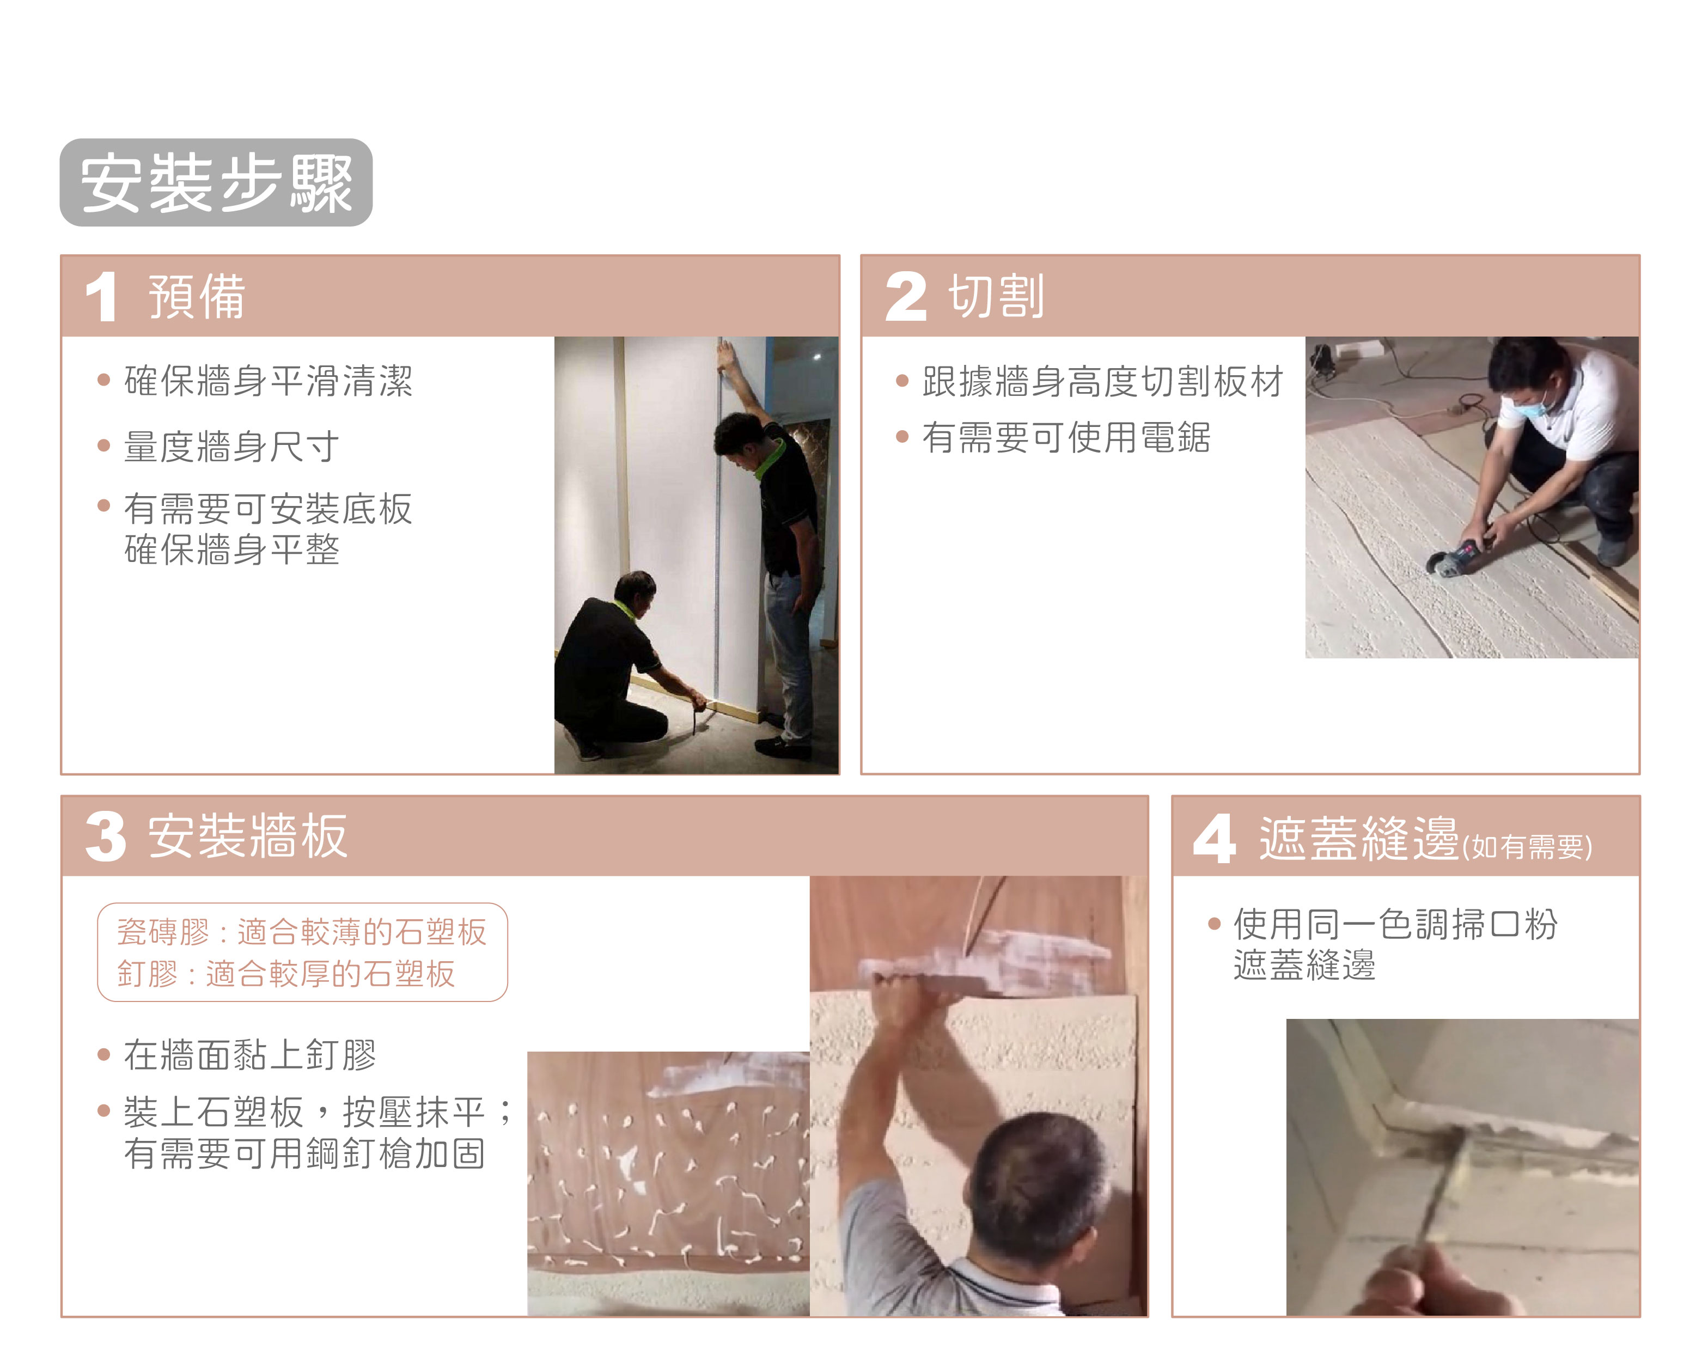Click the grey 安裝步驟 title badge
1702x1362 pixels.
pyautogui.click(x=216, y=182)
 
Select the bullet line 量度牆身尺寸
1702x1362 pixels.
pyautogui.click(x=231, y=446)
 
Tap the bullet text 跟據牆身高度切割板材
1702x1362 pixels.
pyautogui.click(x=1103, y=381)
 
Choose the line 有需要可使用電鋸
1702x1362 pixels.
pyautogui.click(x=1066, y=437)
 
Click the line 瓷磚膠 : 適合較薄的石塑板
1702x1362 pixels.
pyautogui.click(x=302, y=932)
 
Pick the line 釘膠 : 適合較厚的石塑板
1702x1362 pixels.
pyautogui.click(x=286, y=974)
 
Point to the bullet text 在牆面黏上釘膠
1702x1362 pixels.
pyautogui.click(x=249, y=1055)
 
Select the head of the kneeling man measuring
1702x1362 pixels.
pyautogui.click(x=636, y=594)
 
